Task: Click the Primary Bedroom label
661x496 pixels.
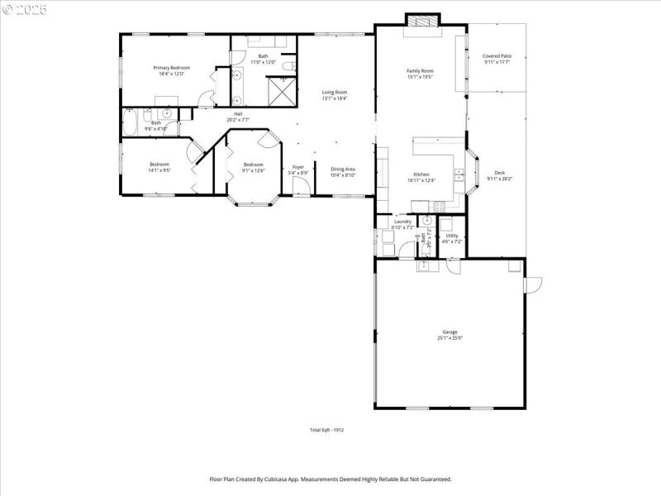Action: click(x=172, y=68)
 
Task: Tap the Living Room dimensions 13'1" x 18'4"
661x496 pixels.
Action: click(x=335, y=98)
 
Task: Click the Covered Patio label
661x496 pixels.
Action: click(x=497, y=56)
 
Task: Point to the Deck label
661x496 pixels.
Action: click(x=500, y=173)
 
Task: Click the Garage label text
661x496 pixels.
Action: click(x=449, y=332)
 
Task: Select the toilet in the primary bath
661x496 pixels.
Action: click(x=287, y=66)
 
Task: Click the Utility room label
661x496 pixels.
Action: click(x=452, y=236)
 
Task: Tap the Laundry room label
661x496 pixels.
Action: click(x=402, y=222)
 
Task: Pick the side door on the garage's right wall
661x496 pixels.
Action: click(x=533, y=284)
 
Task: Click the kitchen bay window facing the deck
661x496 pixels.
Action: click(x=476, y=171)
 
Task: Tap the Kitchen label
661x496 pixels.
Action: click(x=421, y=174)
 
